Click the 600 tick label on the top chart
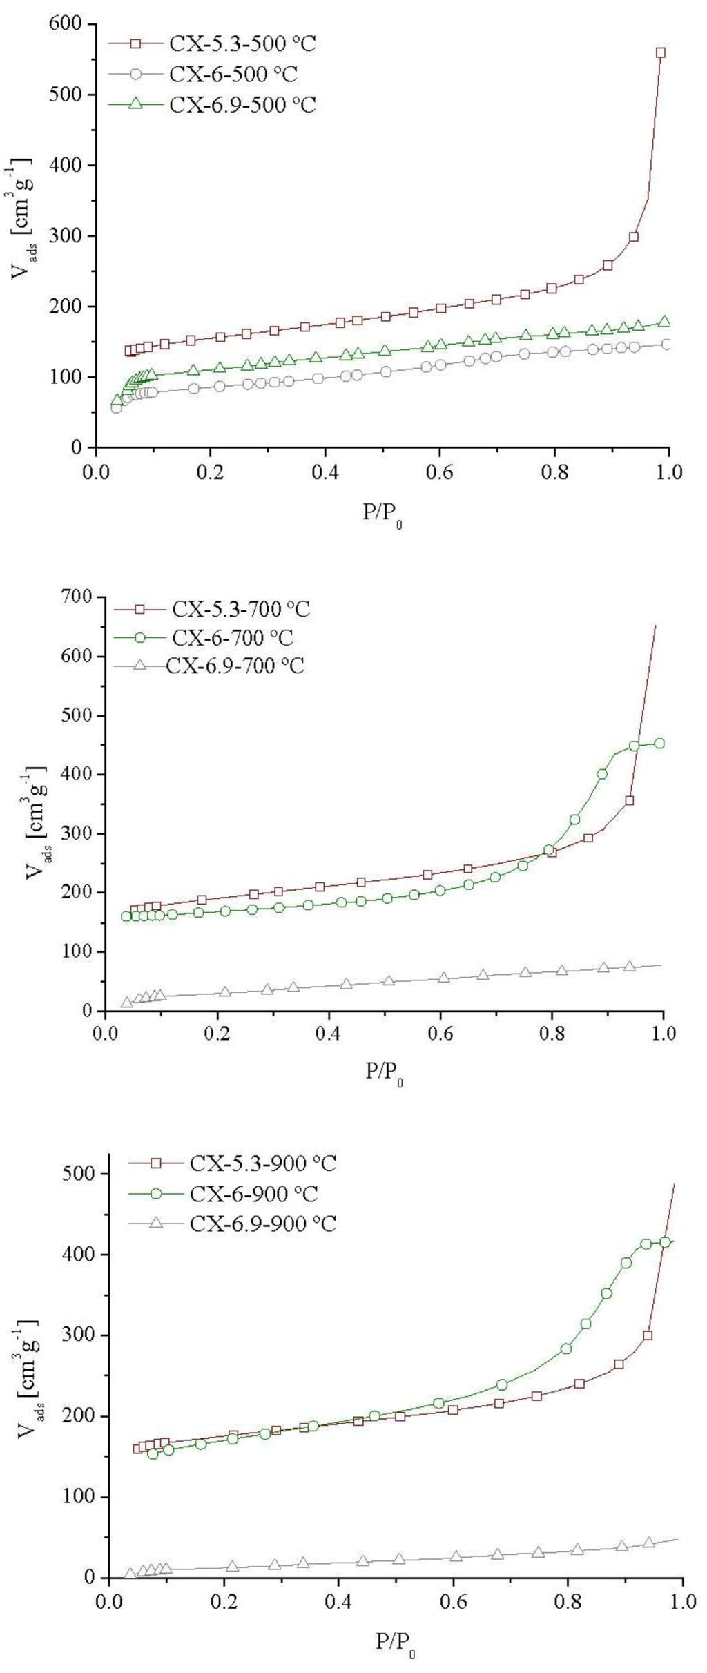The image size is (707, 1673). point(66,24)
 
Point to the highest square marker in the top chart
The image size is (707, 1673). point(661,52)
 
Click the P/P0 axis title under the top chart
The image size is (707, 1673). point(382,515)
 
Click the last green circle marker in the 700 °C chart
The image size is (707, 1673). point(659,743)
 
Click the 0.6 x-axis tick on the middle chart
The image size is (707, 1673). point(440,1035)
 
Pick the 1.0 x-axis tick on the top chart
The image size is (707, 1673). point(669,472)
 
